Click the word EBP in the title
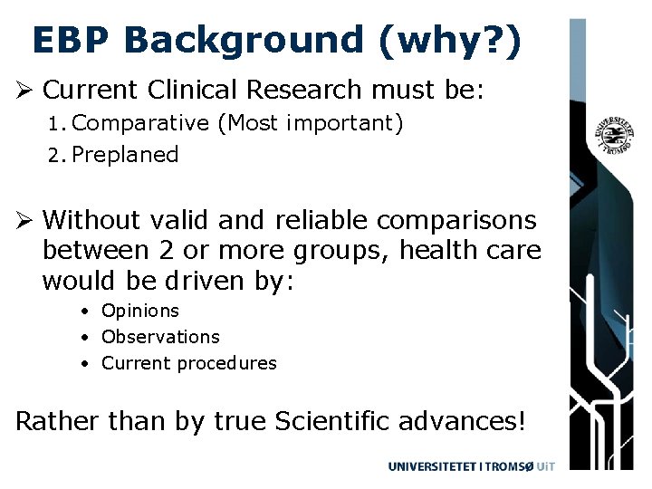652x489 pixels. click(72, 41)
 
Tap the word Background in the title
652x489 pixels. click(240, 41)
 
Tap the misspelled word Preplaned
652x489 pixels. click(126, 155)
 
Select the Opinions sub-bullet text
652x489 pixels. click(140, 311)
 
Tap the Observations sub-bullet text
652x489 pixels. click(160, 337)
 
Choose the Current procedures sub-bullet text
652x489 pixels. click(189, 363)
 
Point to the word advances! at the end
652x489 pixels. click(475, 422)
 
